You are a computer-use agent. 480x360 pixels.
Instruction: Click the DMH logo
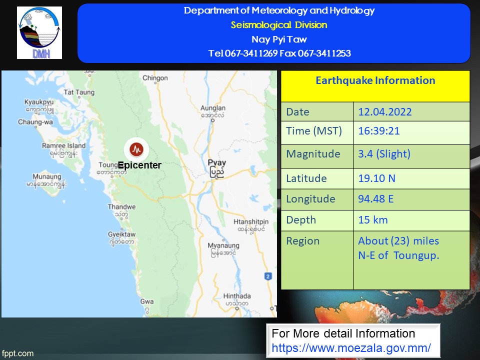click(39, 33)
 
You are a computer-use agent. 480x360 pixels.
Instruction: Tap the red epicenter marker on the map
click(136, 149)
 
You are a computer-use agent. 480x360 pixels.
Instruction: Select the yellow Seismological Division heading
click(279, 25)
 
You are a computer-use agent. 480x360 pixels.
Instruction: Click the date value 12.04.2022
click(385, 111)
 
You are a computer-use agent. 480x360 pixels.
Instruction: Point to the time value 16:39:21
click(379, 131)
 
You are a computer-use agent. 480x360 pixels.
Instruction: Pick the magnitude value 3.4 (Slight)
click(384, 153)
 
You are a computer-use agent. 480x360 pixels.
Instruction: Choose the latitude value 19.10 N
click(377, 178)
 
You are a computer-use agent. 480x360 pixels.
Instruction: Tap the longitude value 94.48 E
click(375, 199)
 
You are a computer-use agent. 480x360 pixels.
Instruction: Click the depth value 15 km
click(373, 220)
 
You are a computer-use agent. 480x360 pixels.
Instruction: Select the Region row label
click(303, 241)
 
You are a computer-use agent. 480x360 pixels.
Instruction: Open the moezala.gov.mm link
click(351, 348)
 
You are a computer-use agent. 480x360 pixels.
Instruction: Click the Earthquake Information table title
click(375, 80)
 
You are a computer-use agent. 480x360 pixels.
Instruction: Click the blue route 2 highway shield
click(268, 276)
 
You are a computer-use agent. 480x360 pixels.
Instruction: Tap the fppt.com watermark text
click(18, 353)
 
